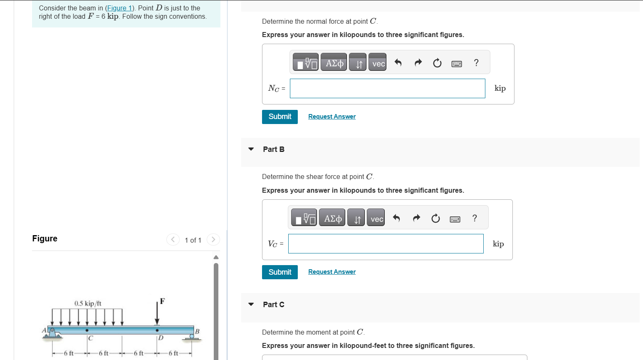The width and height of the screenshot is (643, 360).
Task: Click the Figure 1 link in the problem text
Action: (x=119, y=8)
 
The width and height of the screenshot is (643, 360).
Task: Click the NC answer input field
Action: (x=387, y=89)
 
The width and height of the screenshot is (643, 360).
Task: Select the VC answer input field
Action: (x=386, y=244)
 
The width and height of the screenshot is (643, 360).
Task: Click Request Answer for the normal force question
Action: (x=331, y=117)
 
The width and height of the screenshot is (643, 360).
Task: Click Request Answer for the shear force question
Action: (x=331, y=272)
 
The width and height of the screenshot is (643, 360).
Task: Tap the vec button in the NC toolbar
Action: (x=378, y=63)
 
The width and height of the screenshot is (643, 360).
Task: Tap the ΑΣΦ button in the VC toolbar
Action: (x=332, y=218)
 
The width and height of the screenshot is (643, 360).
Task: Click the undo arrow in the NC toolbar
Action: (x=398, y=63)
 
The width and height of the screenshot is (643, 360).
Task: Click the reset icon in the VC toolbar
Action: (x=435, y=218)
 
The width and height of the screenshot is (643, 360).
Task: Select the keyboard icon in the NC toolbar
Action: (x=456, y=64)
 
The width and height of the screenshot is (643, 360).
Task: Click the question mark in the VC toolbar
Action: (x=475, y=218)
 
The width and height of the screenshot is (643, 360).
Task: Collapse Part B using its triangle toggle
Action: (x=251, y=149)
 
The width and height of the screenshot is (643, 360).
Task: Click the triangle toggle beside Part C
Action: (x=251, y=304)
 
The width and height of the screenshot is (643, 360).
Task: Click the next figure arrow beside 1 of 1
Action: (x=213, y=239)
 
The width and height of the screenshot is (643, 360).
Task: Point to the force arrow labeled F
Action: (x=157, y=312)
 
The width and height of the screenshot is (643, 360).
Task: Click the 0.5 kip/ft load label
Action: (x=88, y=303)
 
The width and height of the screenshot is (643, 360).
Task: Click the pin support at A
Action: (x=52, y=333)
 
